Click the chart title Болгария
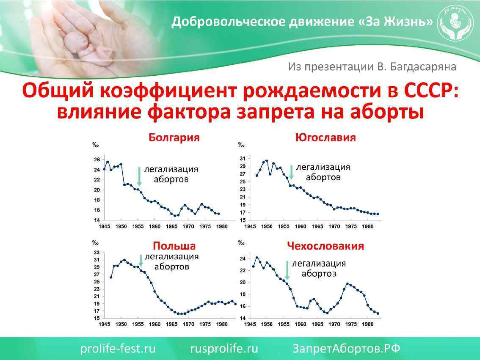(174, 138)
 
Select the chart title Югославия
(326, 137)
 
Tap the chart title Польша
(174, 246)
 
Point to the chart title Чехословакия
(326, 246)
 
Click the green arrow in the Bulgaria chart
(139, 176)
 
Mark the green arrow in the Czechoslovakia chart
(287, 270)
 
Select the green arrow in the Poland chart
(141, 260)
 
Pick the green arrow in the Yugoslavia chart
(291, 172)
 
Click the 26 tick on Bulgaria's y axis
(97, 159)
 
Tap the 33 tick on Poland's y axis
(97, 253)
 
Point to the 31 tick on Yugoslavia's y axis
(243, 159)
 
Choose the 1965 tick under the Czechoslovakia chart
(317, 324)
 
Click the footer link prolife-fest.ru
(118, 349)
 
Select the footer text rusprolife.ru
(224, 349)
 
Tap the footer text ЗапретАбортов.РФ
(346, 349)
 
